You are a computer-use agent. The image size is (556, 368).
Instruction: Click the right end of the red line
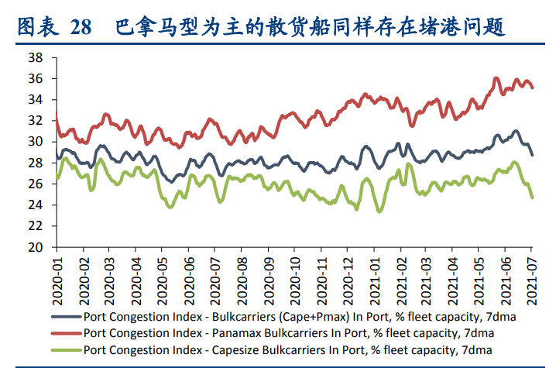(x=532, y=88)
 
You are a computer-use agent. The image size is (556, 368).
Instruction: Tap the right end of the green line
(x=532, y=198)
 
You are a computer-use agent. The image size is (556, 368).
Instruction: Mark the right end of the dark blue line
(x=532, y=155)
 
